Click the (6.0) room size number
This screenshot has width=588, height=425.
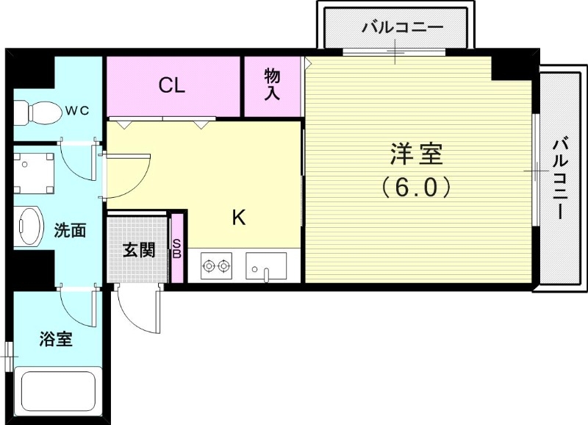(x=416, y=188)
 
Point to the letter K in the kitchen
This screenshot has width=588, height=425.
(x=239, y=218)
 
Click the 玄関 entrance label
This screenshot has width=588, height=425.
(x=137, y=250)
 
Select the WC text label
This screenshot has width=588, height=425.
(x=76, y=111)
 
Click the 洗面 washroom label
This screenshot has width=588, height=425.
(x=71, y=230)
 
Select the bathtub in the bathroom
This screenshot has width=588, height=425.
(x=58, y=395)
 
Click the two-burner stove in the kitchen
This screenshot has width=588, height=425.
(x=216, y=265)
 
